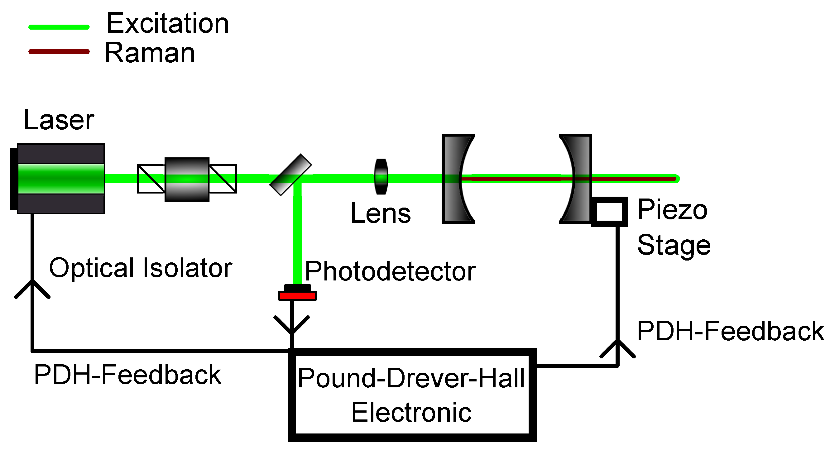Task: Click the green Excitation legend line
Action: [59, 27]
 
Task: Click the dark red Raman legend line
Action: [59, 52]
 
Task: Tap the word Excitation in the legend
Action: [168, 23]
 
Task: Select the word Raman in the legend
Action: [150, 53]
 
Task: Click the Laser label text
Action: [59, 120]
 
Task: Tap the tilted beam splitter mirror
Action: [290, 175]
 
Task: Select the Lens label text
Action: [381, 213]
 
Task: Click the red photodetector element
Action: [297, 296]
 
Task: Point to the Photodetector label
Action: [390, 272]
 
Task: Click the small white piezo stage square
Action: [609, 212]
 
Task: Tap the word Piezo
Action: [672, 210]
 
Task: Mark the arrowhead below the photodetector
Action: [292, 325]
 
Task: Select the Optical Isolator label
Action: [141, 268]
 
